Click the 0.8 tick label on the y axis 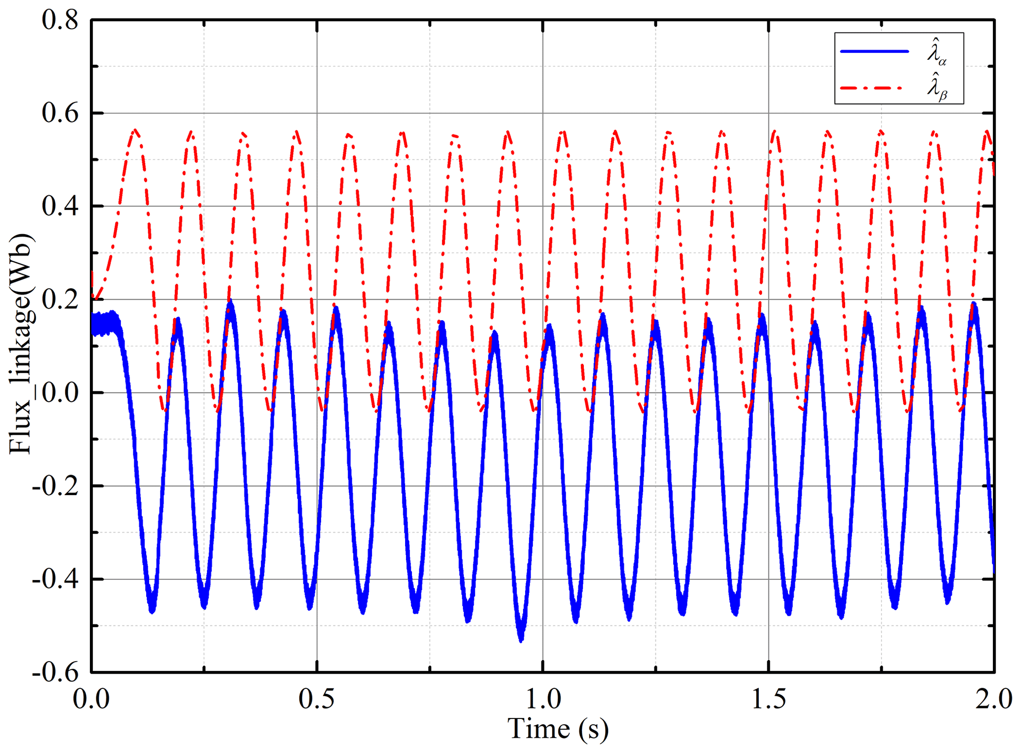click(60, 21)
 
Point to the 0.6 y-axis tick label click(60, 114)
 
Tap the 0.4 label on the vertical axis click(60, 207)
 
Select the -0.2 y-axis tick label click(55, 486)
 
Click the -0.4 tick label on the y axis click(55, 579)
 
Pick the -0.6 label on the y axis click(55, 672)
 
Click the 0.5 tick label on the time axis click(317, 699)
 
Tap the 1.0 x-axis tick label click(542, 699)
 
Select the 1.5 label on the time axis click(769, 699)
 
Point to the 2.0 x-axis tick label click(993, 699)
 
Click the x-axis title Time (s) click(558, 729)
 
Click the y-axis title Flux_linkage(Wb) click(21, 343)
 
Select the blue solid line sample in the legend click(874, 51)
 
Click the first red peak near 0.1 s click(135, 130)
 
